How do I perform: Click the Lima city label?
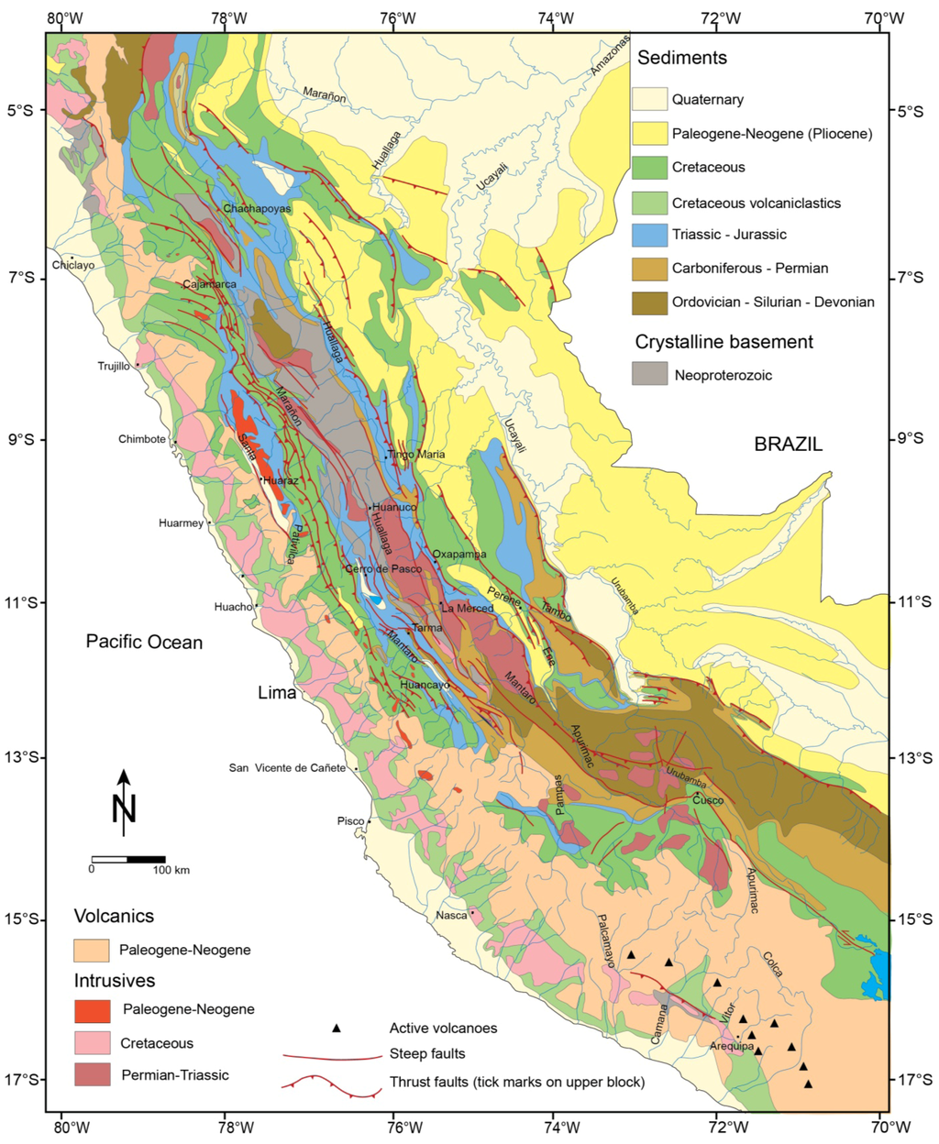point(276,693)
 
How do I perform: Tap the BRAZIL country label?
point(788,445)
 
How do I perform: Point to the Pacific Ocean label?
point(144,642)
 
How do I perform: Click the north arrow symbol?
point(124,803)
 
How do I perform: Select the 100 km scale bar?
point(127,860)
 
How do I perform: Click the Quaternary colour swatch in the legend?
point(649,99)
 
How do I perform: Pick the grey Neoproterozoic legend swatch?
point(649,374)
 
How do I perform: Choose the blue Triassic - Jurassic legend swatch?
point(649,235)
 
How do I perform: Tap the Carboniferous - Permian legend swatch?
point(649,269)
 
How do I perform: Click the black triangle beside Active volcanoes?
point(337,1028)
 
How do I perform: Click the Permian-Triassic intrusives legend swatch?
point(92,1074)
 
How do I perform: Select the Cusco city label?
point(708,800)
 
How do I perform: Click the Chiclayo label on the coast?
point(73,266)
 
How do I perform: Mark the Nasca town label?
point(451,915)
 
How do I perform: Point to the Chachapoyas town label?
point(257,209)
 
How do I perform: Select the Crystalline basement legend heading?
point(724,342)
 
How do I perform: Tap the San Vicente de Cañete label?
point(287,768)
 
